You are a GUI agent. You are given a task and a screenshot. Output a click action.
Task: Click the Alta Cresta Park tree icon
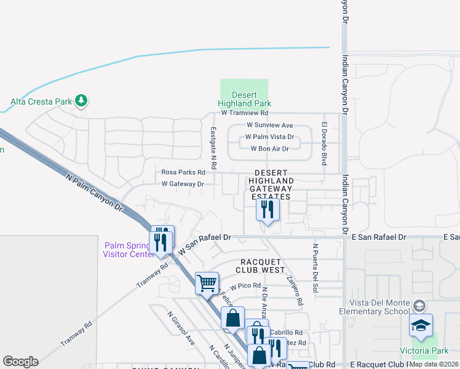tap(81, 100)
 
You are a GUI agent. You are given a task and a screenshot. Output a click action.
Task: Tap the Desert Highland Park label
tap(244, 99)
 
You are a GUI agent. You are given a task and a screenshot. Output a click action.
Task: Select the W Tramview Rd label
tap(245, 113)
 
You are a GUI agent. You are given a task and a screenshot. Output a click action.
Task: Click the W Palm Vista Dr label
tap(269, 137)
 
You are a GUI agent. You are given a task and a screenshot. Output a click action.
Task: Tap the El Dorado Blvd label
tap(323, 143)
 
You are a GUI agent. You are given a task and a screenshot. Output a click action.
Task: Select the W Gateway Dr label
tap(182, 183)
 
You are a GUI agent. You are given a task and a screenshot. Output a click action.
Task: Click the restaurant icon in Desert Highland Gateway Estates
tap(268, 210)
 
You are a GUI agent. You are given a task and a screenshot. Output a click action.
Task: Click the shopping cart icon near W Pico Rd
tap(207, 283)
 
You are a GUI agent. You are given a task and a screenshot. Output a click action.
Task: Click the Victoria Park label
tap(430, 351)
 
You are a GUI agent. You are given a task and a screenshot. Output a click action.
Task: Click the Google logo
tap(20, 362)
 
